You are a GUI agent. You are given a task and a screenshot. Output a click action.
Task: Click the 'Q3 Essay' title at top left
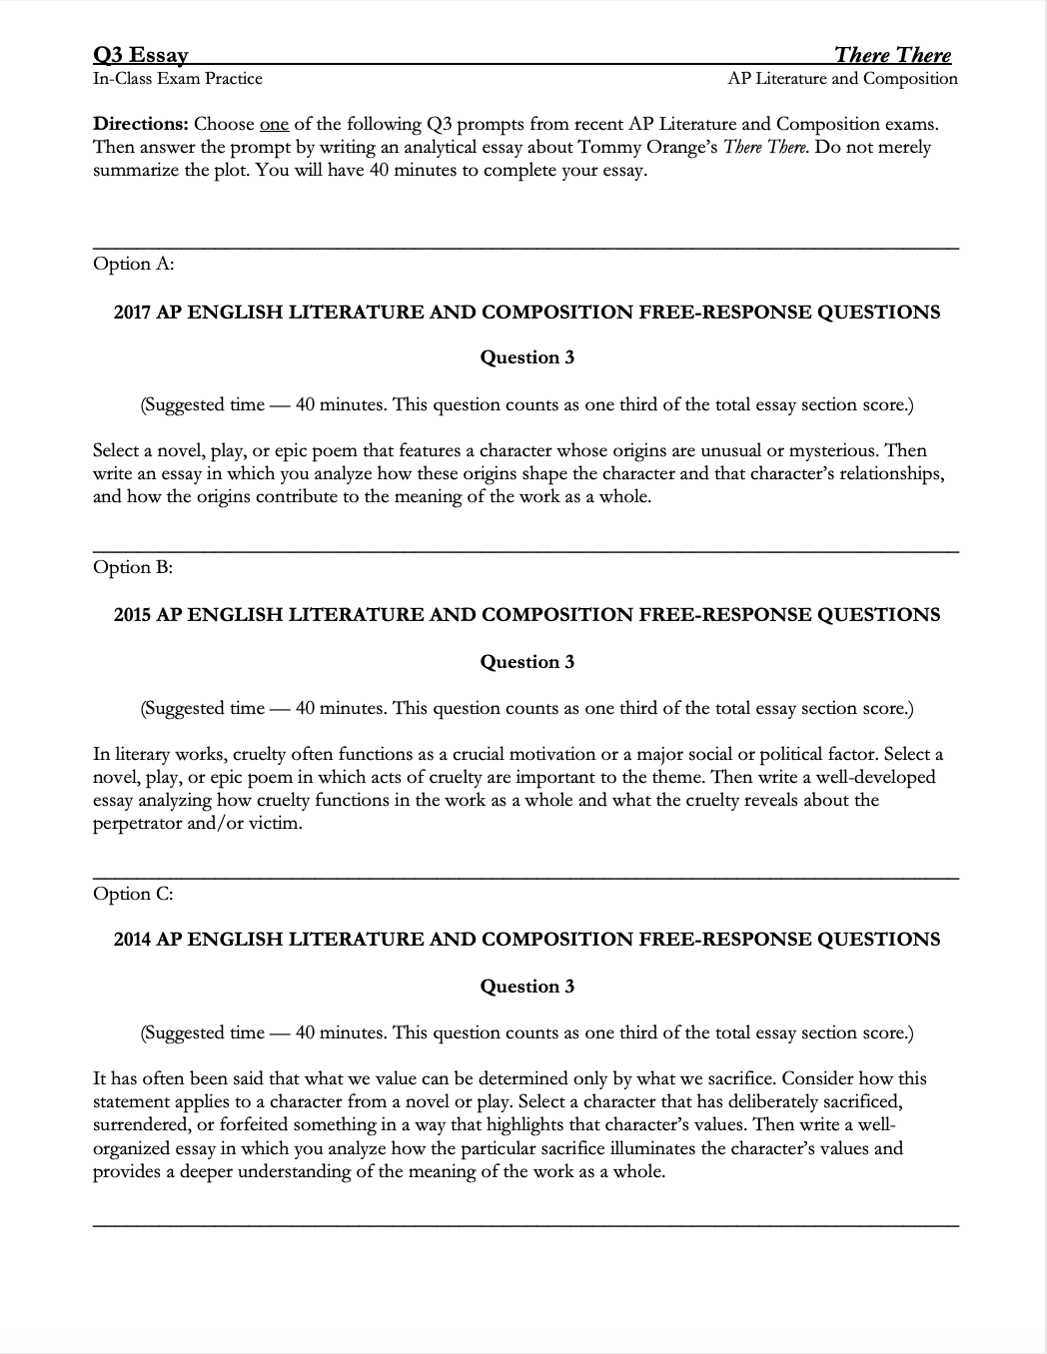(140, 55)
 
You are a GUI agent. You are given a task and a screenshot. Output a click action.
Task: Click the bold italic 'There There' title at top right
(892, 55)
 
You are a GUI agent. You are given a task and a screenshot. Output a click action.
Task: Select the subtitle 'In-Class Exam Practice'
(178, 79)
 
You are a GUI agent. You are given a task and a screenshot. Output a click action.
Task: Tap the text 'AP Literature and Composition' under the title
(842, 79)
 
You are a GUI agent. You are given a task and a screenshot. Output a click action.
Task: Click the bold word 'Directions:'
(140, 125)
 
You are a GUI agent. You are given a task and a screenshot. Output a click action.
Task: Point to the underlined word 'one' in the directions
(274, 125)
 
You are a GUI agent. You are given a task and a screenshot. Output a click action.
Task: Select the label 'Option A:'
(133, 264)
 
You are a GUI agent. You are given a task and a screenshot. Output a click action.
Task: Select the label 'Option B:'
(133, 567)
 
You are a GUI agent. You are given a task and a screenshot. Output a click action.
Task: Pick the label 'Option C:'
(133, 894)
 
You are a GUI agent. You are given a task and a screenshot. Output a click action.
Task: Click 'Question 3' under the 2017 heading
(526, 357)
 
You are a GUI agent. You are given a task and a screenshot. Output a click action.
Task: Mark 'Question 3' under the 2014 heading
(526, 987)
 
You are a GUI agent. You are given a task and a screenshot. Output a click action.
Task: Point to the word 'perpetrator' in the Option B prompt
(138, 824)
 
